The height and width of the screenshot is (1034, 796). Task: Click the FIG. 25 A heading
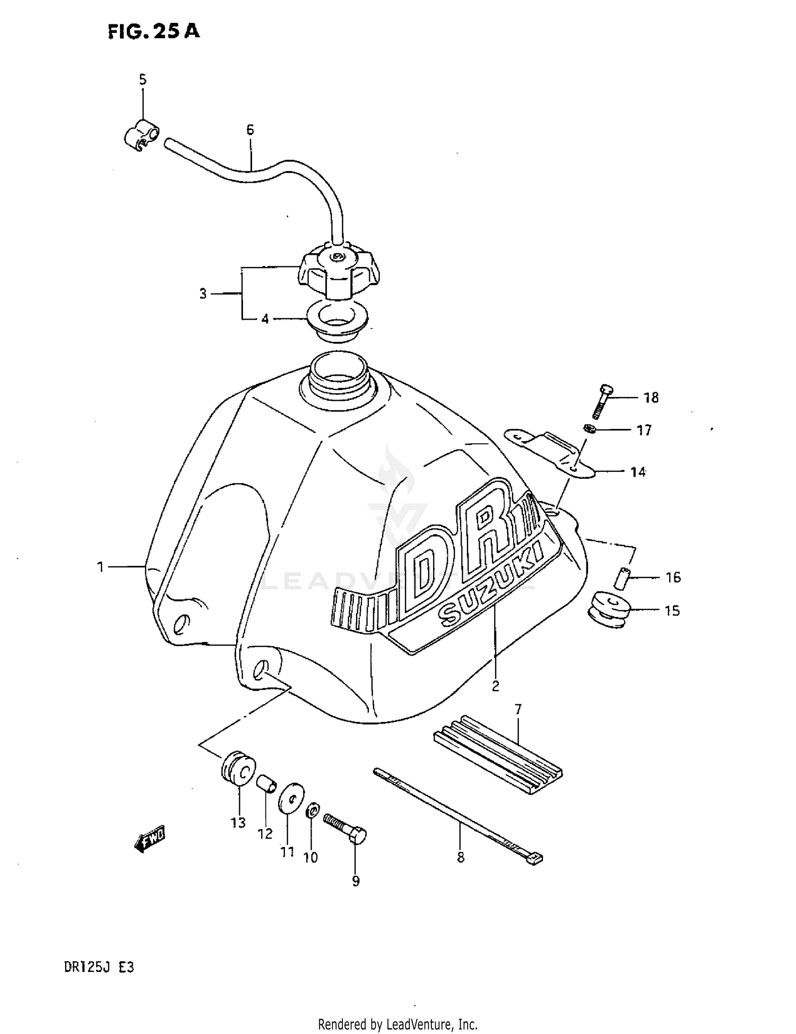tap(153, 31)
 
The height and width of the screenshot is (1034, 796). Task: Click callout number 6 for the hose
tap(250, 130)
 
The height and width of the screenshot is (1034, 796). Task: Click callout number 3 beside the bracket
tap(203, 294)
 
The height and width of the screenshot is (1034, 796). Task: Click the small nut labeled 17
tap(589, 428)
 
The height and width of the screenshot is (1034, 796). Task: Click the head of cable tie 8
tap(535, 858)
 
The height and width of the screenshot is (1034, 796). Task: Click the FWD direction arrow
tap(150, 839)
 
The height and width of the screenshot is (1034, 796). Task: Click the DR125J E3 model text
tap(99, 967)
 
